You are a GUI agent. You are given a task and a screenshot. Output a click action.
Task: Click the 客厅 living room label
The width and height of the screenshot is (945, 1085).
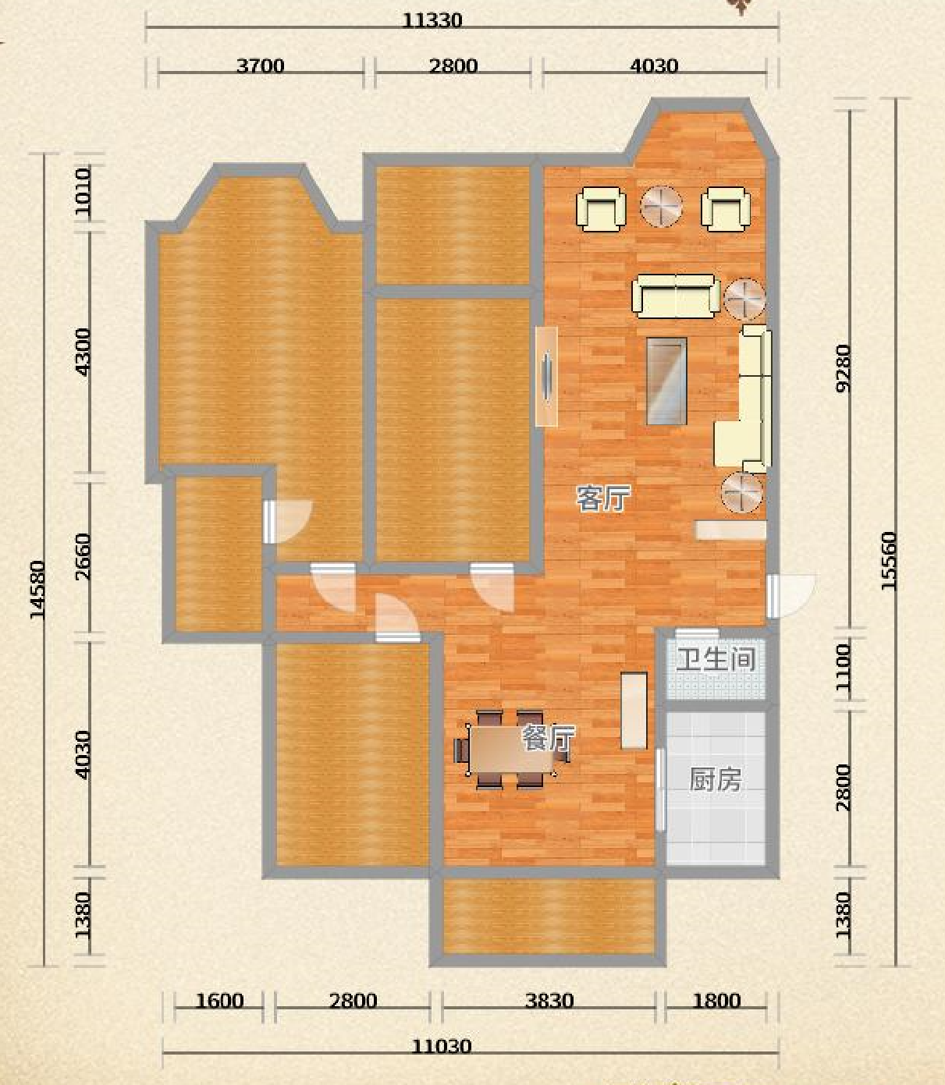[604, 499]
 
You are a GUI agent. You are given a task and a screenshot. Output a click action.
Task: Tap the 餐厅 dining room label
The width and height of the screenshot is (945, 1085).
[548, 739]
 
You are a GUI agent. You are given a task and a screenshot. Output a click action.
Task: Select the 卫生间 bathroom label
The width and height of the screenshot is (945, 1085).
[716, 659]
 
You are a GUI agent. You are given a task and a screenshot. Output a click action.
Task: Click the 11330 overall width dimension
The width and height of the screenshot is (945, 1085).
[432, 21]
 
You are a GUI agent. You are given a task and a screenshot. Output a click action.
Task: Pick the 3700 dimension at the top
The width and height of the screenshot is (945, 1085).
[260, 66]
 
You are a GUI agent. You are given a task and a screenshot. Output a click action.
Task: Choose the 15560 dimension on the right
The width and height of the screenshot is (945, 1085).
[888, 561]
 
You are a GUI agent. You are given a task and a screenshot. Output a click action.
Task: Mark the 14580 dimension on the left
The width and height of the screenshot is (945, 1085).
[37, 589]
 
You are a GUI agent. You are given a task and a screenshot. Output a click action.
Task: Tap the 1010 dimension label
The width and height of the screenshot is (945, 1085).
[83, 191]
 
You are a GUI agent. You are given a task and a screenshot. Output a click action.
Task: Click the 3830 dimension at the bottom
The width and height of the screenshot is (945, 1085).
[549, 1001]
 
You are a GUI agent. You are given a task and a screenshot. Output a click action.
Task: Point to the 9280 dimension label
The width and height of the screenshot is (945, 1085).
[843, 368]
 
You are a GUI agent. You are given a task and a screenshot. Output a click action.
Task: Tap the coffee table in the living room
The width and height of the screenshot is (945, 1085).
[666, 381]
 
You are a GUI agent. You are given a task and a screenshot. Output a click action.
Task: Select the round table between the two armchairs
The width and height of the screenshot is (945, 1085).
[661, 207]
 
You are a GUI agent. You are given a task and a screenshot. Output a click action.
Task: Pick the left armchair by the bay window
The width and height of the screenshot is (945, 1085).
[601, 209]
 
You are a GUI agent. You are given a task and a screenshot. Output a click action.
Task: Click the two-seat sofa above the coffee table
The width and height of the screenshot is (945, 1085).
[676, 296]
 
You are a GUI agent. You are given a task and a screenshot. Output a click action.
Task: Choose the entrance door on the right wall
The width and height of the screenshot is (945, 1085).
[791, 595]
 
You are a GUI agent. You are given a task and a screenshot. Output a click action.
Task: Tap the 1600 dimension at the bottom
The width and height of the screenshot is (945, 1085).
[220, 1001]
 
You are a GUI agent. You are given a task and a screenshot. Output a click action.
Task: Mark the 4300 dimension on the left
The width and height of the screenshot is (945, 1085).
[83, 352]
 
